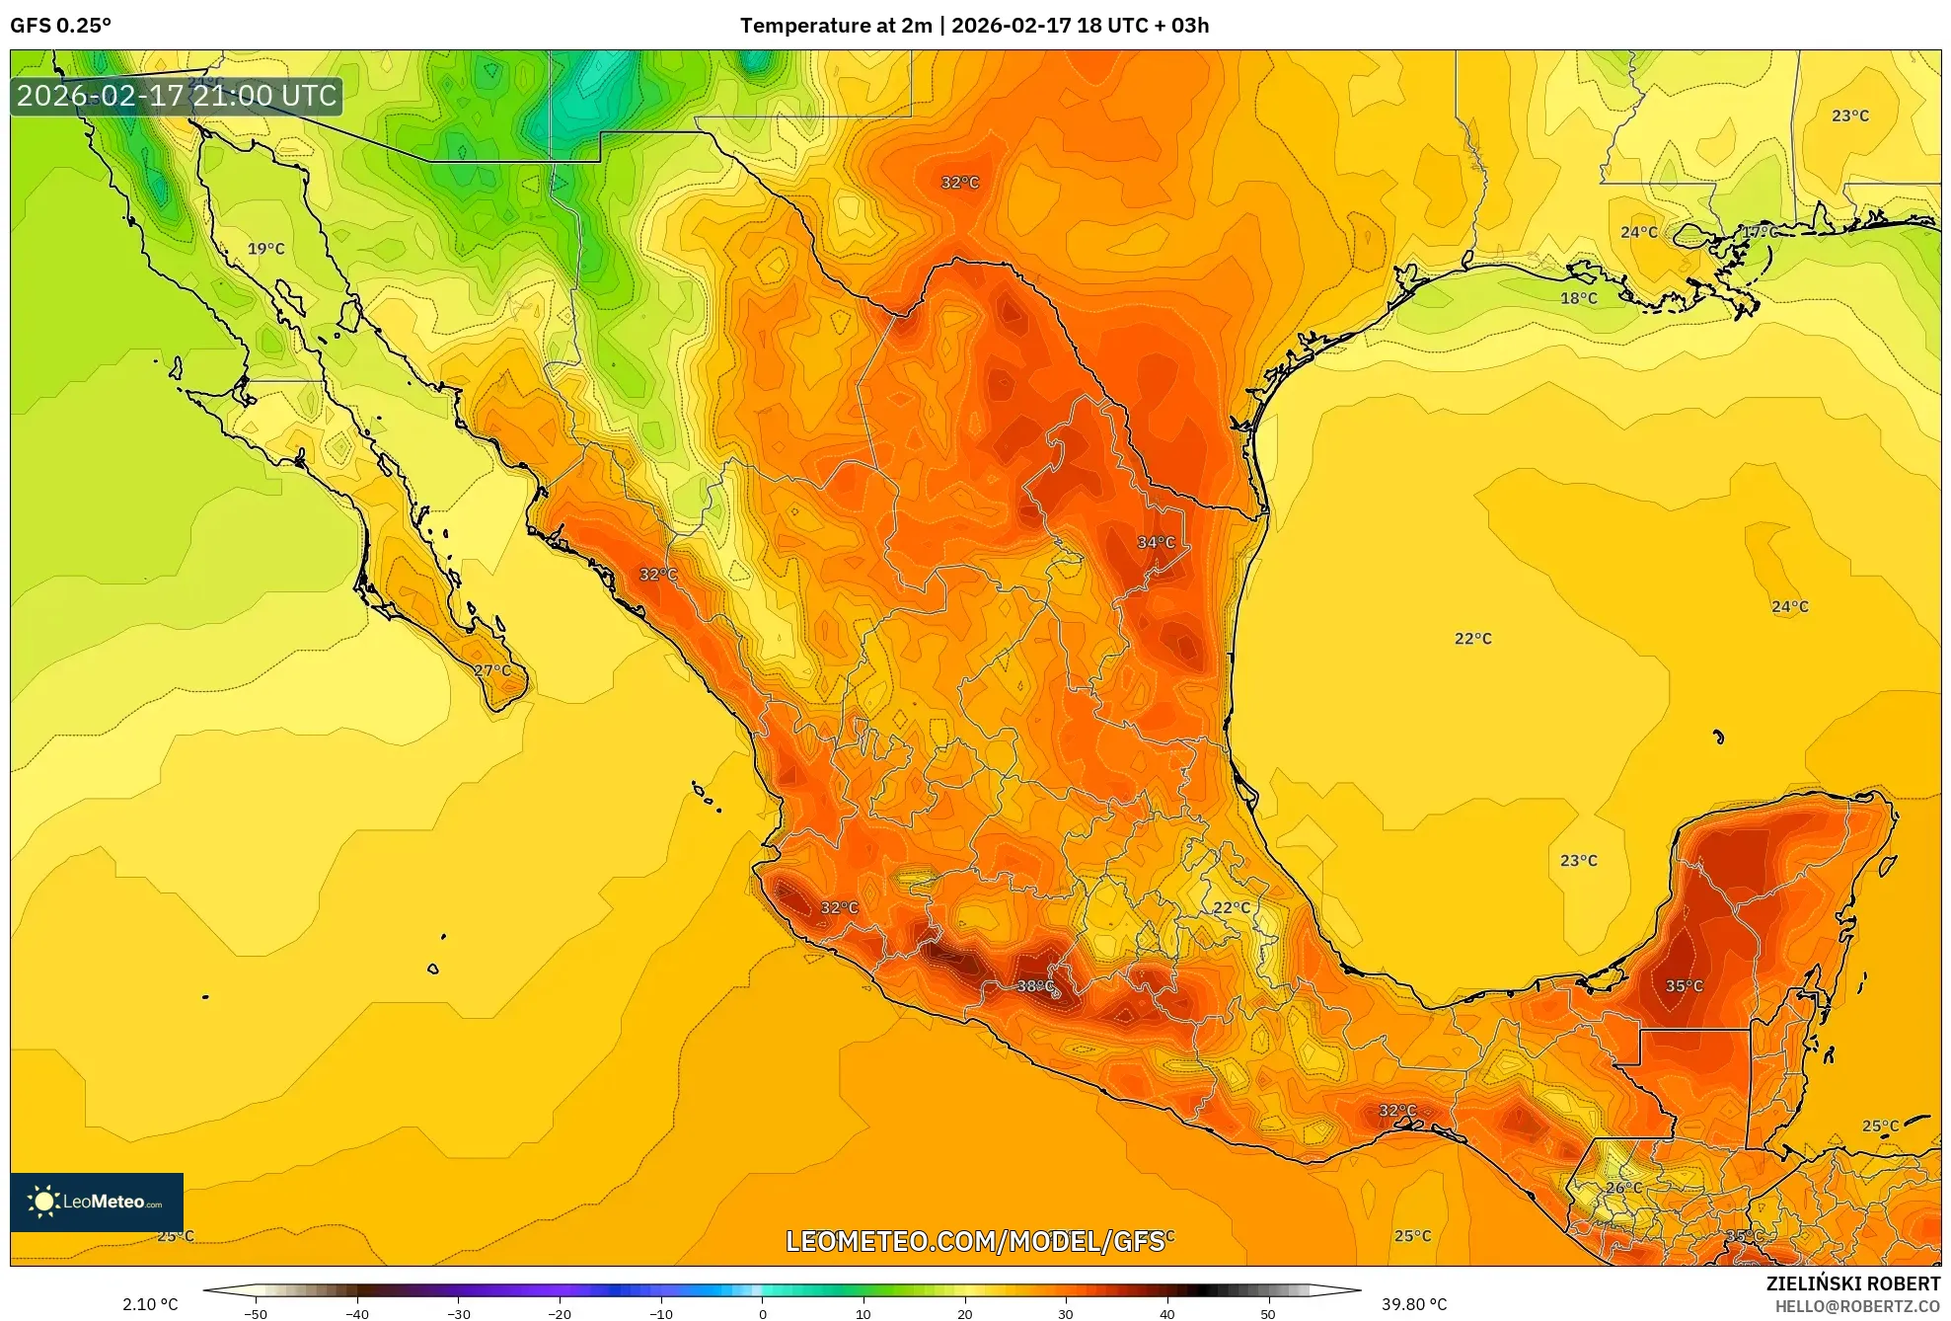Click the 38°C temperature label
pyautogui.click(x=1035, y=985)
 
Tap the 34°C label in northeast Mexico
pyautogui.click(x=1156, y=542)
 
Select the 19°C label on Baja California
pyautogui.click(x=265, y=249)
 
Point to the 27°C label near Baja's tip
pyautogui.click(x=492, y=670)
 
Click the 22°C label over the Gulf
pyautogui.click(x=1472, y=639)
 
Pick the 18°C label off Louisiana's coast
pyautogui.click(x=1578, y=298)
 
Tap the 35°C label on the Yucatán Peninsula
pyautogui.click(x=1684, y=985)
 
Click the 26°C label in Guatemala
pyautogui.click(x=1623, y=1188)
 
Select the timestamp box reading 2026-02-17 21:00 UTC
pyautogui.click(x=177, y=96)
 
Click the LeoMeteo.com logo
pyautogui.click(x=97, y=1202)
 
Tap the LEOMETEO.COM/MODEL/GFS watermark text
pyautogui.click(x=974, y=1241)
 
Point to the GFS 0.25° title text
pyautogui.click(x=60, y=26)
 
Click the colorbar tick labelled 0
pyautogui.click(x=762, y=1313)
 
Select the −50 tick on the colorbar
pyautogui.click(x=256, y=1313)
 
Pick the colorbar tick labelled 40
pyautogui.click(x=1166, y=1313)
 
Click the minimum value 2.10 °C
pyautogui.click(x=150, y=1304)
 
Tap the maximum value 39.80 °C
pyautogui.click(x=1413, y=1304)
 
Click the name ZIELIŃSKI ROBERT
pyautogui.click(x=1852, y=1283)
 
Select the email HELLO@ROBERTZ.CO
pyautogui.click(x=1857, y=1306)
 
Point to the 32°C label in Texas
pyautogui.click(x=959, y=183)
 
